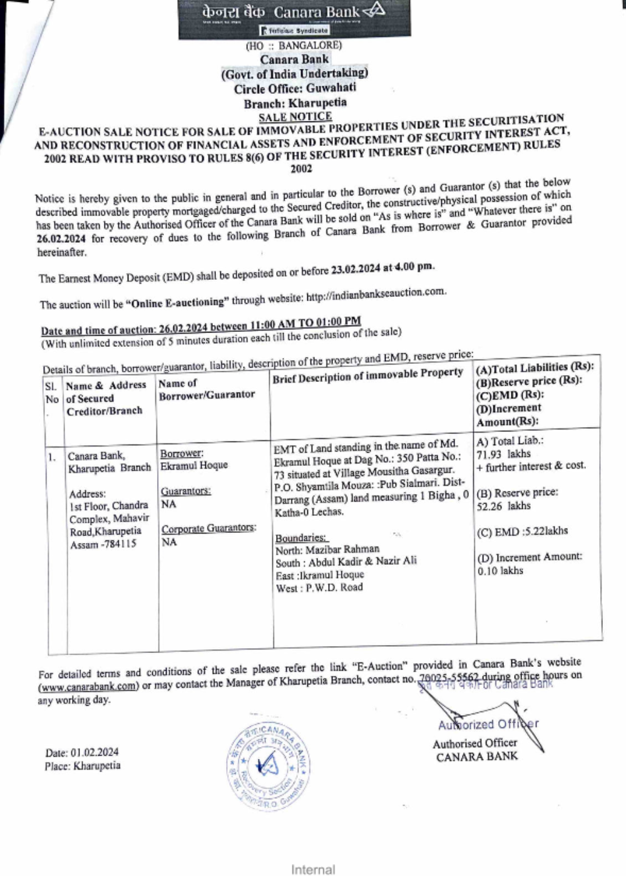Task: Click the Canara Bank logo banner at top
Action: tap(294, 19)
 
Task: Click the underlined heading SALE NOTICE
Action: tap(295, 116)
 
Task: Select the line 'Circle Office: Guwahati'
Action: tap(295, 88)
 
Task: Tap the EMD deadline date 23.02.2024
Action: tap(356, 269)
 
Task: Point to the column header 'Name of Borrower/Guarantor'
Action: tap(207, 389)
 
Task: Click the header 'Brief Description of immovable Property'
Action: tap(367, 376)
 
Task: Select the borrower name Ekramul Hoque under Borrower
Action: tap(194, 466)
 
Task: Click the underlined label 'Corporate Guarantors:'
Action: tap(208, 528)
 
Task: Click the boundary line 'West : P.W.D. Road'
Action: tap(319, 588)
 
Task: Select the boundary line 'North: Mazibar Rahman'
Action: tap(327, 550)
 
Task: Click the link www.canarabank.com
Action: tap(88, 686)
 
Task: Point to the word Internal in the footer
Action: tap(312, 869)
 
